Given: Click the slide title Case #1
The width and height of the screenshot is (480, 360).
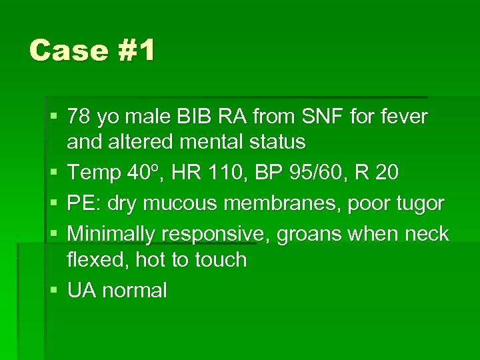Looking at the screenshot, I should [91, 51].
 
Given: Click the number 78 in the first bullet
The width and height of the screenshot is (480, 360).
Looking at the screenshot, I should [80, 117].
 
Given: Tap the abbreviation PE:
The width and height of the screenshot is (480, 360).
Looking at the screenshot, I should [82, 203].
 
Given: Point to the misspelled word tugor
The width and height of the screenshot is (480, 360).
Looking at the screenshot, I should [417, 204].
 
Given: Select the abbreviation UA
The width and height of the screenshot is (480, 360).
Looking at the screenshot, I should [81, 291].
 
